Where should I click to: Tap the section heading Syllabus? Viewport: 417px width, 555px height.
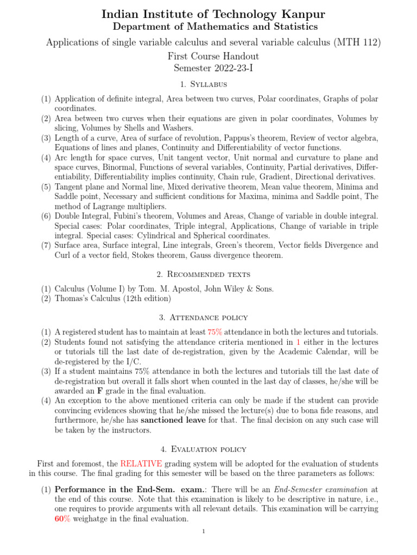(x=208, y=85)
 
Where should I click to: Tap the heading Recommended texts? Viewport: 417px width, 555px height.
(x=208, y=274)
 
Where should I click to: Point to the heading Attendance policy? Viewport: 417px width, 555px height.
(x=208, y=318)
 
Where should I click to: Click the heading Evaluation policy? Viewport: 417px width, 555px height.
(x=208, y=449)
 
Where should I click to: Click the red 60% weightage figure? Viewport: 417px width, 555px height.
(x=62, y=519)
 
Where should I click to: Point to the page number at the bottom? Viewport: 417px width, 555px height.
(x=203, y=532)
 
